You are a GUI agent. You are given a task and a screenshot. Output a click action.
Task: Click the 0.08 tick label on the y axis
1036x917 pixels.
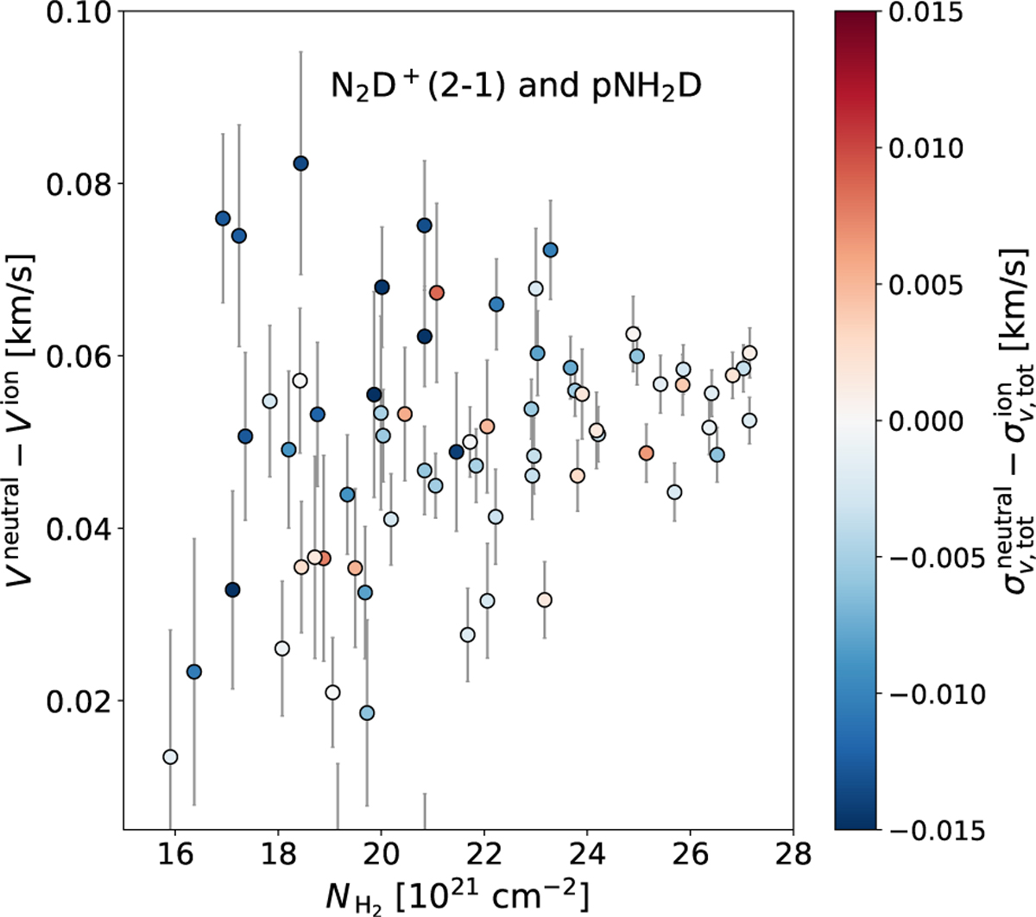78,184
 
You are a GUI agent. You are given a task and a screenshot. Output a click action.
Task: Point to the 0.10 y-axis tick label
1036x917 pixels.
78,12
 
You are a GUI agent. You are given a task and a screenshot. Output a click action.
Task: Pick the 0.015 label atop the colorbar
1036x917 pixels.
925,12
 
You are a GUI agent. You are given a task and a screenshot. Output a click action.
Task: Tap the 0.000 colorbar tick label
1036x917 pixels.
925,421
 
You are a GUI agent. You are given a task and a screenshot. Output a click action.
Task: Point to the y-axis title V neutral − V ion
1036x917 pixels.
22,420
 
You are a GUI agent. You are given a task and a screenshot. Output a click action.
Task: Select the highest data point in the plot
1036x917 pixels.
300,164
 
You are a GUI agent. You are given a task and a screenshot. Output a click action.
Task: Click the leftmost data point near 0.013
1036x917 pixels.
170,756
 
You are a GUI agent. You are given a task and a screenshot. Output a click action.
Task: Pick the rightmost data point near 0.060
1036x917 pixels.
749,353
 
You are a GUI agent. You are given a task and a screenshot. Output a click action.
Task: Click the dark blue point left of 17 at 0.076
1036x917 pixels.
223,218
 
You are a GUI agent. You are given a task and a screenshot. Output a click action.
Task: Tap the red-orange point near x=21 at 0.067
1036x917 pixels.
436,293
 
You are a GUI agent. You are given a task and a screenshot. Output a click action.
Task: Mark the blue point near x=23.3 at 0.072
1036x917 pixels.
550,250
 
